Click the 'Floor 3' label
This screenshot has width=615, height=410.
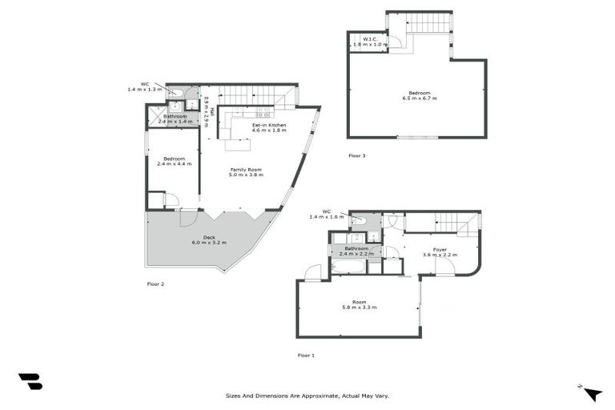click(x=357, y=155)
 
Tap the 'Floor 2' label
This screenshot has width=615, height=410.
click(x=155, y=283)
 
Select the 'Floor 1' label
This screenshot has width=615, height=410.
click(x=306, y=355)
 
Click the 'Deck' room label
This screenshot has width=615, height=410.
click(x=208, y=236)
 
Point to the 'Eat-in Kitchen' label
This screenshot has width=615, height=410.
click(x=269, y=126)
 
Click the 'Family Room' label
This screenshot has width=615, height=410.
click(x=246, y=169)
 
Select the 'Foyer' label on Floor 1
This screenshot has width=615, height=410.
click(x=440, y=249)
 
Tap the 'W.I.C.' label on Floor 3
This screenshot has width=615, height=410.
click(x=370, y=39)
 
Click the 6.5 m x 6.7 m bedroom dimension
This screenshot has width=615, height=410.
click(x=420, y=98)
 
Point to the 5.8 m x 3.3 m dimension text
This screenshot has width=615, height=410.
click(x=360, y=307)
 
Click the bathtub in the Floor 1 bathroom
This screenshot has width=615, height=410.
click(x=348, y=266)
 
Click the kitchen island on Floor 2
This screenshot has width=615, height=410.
click(x=237, y=145)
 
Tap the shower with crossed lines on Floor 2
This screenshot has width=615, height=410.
click(x=155, y=116)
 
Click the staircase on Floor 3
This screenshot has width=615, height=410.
click(x=429, y=22)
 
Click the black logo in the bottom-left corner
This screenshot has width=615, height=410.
click(x=30, y=382)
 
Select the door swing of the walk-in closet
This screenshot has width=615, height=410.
click(x=395, y=41)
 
